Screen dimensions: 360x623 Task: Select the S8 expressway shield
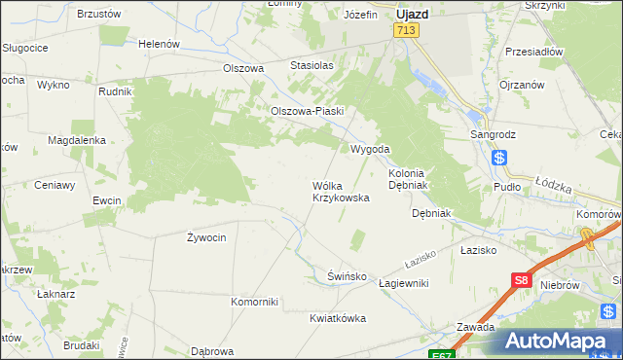(522, 281)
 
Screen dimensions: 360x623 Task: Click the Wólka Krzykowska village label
(341, 191)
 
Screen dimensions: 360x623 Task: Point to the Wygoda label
(370, 149)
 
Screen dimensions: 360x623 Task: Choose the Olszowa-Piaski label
(309, 111)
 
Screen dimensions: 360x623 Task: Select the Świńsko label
(347, 276)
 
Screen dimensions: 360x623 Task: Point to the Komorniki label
(255, 301)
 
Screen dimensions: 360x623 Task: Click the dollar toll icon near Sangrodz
(499, 158)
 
